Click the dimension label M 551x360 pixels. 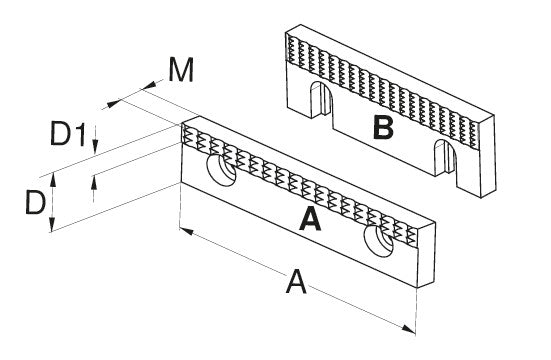[x=181, y=70]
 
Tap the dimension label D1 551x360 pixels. [x=68, y=133]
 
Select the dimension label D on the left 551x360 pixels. [x=35, y=202]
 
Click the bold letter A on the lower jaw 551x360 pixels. [x=310, y=219]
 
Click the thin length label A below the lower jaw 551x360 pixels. [x=296, y=281]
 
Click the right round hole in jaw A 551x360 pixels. [x=378, y=241]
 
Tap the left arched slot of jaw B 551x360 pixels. [x=321, y=100]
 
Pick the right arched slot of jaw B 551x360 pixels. [x=445, y=157]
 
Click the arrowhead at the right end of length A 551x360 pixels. [x=408, y=329]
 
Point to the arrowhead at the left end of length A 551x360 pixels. [x=186, y=231]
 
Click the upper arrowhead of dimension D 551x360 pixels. [x=53, y=180]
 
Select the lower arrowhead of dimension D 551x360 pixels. [x=52, y=225]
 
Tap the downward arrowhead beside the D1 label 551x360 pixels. [x=95, y=146]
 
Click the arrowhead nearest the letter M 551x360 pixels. [x=149, y=85]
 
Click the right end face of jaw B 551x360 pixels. [x=487, y=155]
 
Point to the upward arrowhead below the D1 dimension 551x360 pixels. [x=93, y=183]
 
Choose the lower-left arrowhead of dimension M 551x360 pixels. [x=114, y=104]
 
